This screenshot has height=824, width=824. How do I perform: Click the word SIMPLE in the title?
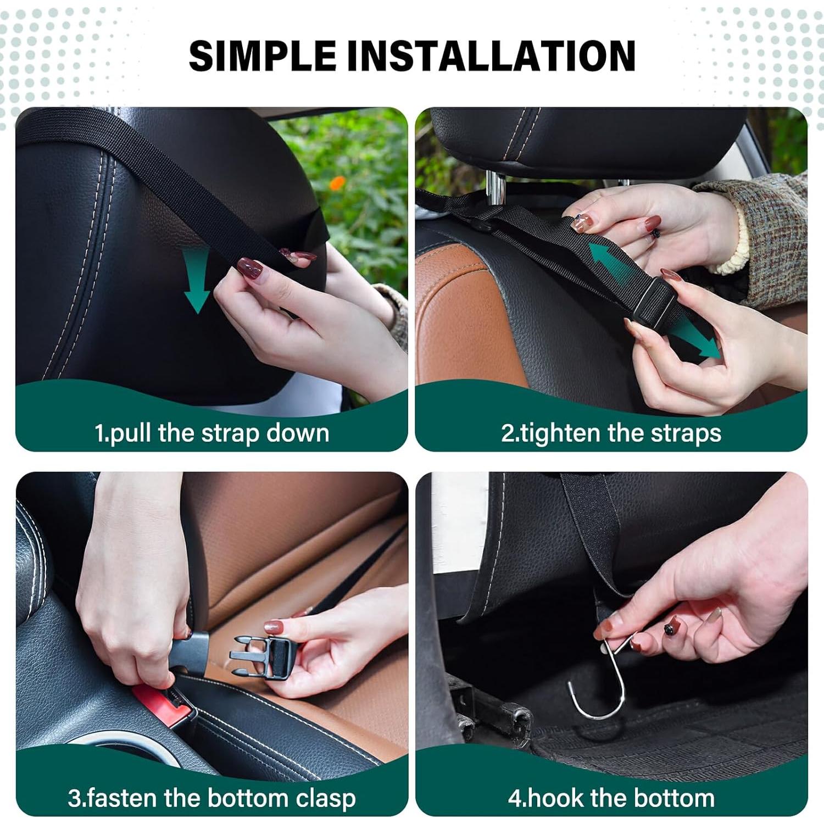point(262,56)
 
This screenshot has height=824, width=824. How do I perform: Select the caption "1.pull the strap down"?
point(212,433)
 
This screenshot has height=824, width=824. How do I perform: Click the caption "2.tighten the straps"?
point(611,433)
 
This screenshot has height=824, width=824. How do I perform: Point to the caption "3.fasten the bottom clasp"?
point(212,798)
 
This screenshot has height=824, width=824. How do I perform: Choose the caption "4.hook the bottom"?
point(611,798)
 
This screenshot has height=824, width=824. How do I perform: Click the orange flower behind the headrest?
point(337,182)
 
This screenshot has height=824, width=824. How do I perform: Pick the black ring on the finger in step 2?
point(655,233)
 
